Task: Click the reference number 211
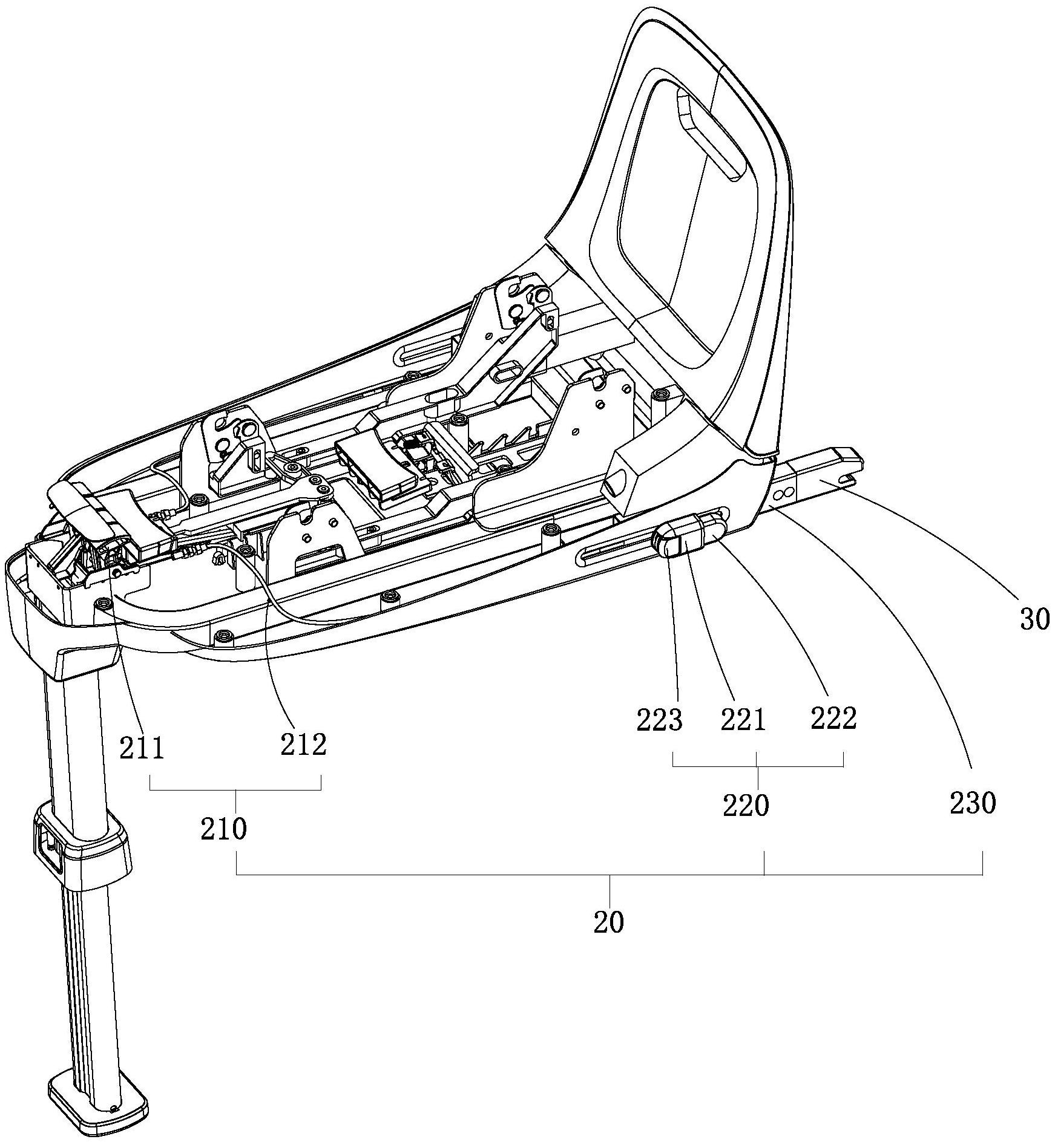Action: pyautogui.click(x=142, y=748)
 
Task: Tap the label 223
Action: pyautogui.click(x=659, y=720)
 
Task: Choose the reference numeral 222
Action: pyautogui.click(x=833, y=718)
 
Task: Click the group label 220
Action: pyautogui.click(x=746, y=805)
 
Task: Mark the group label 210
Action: pyautogui.click(x=224, y=829)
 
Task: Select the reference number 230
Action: pyautogui.click(x=972, y=803)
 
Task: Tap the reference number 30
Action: pyautogui.click(x=1034, y=619)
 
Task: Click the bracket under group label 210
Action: pyautogui.click(x=235, y=789)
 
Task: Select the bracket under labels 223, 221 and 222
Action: pyautogui.click(x=758, y=766)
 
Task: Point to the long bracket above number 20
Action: pyautogui.click(x=608, y=874)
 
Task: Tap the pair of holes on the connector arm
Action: pyautogui.click(x=783, y=494)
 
